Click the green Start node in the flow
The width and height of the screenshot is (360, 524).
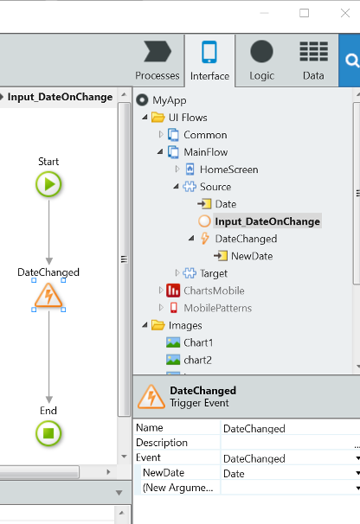(48, 184)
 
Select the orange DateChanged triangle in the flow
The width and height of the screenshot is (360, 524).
(48, 296)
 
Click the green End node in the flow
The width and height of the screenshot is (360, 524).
(48, 433)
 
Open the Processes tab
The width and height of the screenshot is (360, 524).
(157, 61)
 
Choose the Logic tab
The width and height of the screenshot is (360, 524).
(261, 61)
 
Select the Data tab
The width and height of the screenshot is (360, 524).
(313, 61)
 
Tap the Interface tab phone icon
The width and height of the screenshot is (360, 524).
(209, 52)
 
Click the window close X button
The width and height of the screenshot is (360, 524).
(345, 13)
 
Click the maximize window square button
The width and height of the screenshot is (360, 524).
(304, 13)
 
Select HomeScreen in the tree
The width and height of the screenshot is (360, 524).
(228, 169)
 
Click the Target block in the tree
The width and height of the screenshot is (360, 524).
(214, 273)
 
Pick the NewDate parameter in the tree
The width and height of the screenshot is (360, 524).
(252, 256)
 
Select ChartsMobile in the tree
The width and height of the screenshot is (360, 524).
(214, 291)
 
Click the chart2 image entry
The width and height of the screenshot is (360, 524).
(197, 360)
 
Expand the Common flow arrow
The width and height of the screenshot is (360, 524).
(161, 134)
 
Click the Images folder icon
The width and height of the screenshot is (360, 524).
(158, 325)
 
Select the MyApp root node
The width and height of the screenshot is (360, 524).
(170, 100)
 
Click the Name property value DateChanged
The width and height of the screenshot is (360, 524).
(254, 428)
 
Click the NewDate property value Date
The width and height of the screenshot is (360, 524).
(234, 474)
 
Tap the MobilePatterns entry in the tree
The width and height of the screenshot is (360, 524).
(217, 308)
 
